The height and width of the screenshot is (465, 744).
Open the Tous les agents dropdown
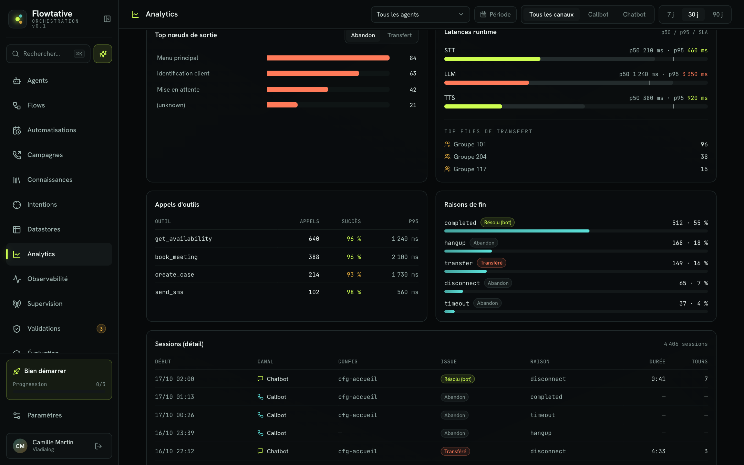coord(420,14)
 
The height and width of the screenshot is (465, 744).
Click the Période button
coord(495,14)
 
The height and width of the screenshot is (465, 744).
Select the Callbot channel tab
coord(598,14)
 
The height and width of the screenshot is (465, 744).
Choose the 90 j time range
coord(717,14)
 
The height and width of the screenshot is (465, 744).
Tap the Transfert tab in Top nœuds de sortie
coord(399,35)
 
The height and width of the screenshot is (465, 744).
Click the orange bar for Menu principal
coord(328,58)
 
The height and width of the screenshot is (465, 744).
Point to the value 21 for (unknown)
coord(413,105)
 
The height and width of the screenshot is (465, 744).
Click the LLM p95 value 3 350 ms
coord(695,74)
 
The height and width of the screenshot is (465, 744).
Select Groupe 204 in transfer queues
coord(470,157)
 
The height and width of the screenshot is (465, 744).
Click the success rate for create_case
coord(354,275)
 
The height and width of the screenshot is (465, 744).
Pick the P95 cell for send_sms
coord(407,292)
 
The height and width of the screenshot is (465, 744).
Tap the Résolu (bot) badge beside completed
coord(497,223)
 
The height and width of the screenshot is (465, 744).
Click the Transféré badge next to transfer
coord(491,263)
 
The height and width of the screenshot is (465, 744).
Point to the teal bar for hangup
coord(468,251)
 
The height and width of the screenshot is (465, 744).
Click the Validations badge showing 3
coord(101,329)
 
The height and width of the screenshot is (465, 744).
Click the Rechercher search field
coord(48,54)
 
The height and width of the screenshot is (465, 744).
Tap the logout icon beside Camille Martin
coord(98,446)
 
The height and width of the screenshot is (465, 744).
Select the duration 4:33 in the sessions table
coord(658,451)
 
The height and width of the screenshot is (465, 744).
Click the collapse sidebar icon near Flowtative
coord(107,19)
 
